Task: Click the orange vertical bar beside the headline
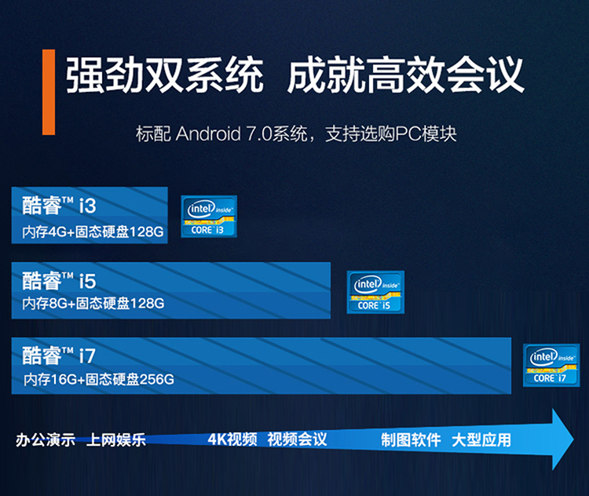pos(49,92)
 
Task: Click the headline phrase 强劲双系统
pos(165,75)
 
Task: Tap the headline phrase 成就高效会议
pos(406,75)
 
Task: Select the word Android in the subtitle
pos(208,133)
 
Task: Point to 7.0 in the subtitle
pos(259,134)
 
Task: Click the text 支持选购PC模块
pos(390,134)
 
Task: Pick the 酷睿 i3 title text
pos(59,206)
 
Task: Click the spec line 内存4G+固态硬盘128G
pos(93,232)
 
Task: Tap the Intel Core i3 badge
pos(209,217)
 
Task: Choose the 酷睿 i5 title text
pos(59,280)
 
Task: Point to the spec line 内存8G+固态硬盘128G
pos(93,303)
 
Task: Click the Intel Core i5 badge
pos(375,292)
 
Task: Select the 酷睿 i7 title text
pos(59,356)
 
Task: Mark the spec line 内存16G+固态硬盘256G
pos(99,379)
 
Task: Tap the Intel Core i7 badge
pos(551,366)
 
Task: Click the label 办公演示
pos(45,440)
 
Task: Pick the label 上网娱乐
pos(115,440)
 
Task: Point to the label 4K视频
pos(232,439)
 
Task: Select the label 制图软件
pos(411,439)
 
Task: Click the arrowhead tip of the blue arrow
pos(573,439)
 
